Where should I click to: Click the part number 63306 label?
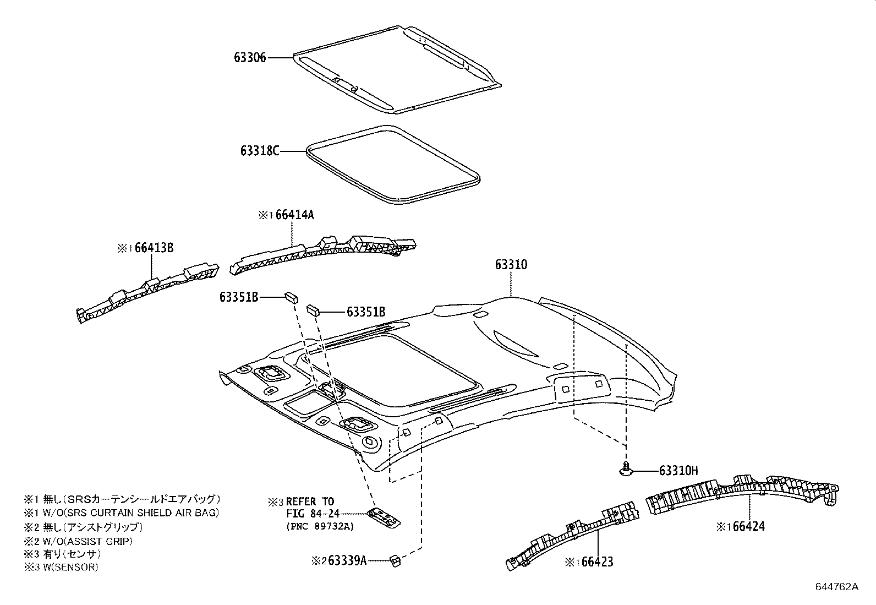pyautogui.click(x=250, y=57)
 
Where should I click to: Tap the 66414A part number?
pyautogui.click(x=294, y=215)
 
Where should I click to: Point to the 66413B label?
pyautogui.click(x=154, y=248)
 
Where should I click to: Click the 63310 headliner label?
pyautogui.click(x=511, y=265)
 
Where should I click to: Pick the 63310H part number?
pyautogui.click(x=678, y=471)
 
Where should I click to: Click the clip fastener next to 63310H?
pyautogui.click(x=626, y=469)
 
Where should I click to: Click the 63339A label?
pyautogui.click(x=347, y=560)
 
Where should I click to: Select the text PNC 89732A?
pyautogui.click(x=320, y=527)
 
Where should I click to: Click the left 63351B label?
pyautogui.click(x=239, y=297)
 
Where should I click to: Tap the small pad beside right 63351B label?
pyautogui.click(x=313, y=309)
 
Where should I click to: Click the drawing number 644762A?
pyautogui.click(x=836, y=586)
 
